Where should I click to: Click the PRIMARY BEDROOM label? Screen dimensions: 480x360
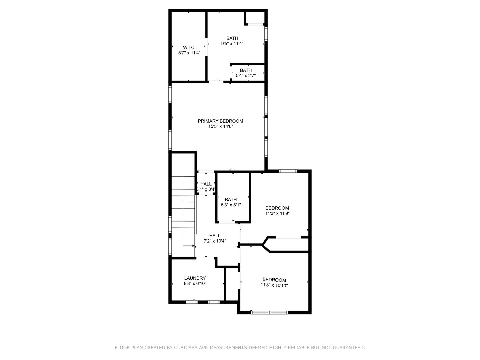click(220, 121)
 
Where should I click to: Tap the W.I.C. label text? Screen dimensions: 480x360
click(189, 47)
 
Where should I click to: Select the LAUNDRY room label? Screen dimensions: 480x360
click(195, 278)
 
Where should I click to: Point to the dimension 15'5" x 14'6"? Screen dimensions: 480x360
click(220, 126)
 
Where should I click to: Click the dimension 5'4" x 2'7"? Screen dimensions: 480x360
click(246, 76)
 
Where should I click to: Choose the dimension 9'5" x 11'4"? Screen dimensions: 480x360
click(232, 43)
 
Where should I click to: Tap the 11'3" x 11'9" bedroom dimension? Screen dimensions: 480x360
click(277, 213)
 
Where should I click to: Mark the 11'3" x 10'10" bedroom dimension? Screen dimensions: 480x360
click(274, 285)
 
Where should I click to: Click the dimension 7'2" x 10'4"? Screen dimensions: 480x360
click(215, 241)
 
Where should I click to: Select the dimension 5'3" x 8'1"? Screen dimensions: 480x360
click(231, 205)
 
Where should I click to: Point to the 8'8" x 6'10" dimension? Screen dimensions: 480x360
click(195, 283)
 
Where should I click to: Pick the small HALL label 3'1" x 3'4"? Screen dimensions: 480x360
click(206, 186)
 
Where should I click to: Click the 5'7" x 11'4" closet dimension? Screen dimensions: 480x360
click(189, 53)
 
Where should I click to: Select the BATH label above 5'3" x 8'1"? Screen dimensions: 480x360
click(231, 199)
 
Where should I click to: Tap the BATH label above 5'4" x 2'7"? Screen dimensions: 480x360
click(246, 70)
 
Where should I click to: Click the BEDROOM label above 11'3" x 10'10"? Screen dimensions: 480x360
click(274, 280)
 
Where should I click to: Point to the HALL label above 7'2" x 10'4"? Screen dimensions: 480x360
click(215, 236)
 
